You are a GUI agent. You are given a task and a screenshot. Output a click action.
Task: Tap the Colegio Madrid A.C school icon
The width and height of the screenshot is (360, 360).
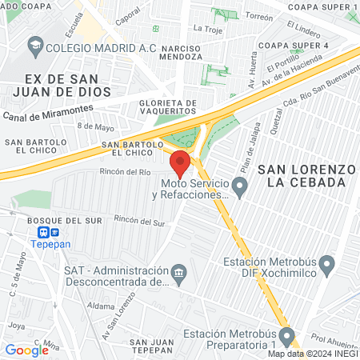point(34,47)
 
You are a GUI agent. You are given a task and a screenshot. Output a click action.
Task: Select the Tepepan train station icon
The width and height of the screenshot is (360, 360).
point(38,234)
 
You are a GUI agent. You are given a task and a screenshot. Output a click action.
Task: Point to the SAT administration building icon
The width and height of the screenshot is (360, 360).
point(179,274)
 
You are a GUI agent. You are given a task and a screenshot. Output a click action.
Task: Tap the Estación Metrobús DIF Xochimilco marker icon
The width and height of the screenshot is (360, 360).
point(326,263)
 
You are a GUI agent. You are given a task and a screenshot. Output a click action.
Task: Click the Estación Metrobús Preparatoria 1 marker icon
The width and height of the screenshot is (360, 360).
point(293,335)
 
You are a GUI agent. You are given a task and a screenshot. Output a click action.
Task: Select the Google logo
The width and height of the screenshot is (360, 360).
point(26,350)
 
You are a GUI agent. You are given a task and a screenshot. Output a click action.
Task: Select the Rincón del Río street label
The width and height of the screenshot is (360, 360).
point(125,171)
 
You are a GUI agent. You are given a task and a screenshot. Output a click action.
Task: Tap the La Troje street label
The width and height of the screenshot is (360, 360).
point(207,28)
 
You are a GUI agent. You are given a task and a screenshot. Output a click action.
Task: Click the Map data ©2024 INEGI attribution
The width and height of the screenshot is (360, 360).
point(312,354)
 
